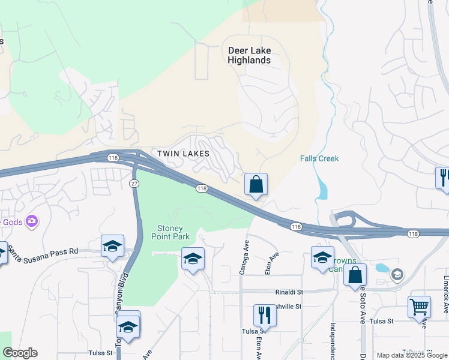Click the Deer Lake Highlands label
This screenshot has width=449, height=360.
pyautogui.click(x=249, y=55)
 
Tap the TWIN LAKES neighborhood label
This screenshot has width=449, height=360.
pyautogui.click(x=183, y=154)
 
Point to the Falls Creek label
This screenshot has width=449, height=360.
pyautogui.click(x=319, y=158)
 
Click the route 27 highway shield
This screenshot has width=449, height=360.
pyautogui.click(x=134, y=182)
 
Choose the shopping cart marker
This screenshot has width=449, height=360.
pyautogui.click(x=419, y=307)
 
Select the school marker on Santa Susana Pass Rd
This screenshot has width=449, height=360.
pyautogui.click(x=112, y=247)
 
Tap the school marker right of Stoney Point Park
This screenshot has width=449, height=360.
pyautogui.click(x=192, y=259)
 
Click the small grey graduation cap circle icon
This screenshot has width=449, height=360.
pyautogui.click(x=397, y=274)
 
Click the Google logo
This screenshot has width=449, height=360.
pyautogui.click(x=20, y=353)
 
